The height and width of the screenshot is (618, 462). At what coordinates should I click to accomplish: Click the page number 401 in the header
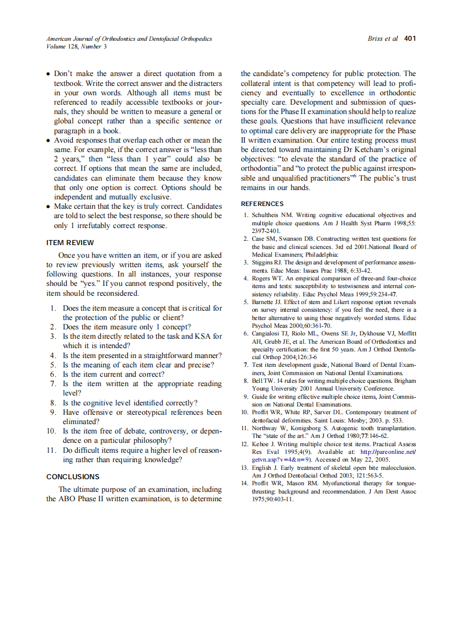click(x=410, y=39)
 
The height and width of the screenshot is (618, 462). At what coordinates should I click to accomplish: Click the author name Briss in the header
click(x=377, y=39)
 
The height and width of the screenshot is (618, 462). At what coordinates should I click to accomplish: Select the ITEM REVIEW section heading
click(x=70, y=242)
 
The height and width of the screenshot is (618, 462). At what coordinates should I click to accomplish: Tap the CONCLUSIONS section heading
click(x=73, y=476)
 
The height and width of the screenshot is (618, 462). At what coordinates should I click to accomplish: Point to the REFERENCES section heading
click(x=262, y=204)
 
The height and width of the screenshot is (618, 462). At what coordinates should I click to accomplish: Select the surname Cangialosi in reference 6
click(x=269, y=333)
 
